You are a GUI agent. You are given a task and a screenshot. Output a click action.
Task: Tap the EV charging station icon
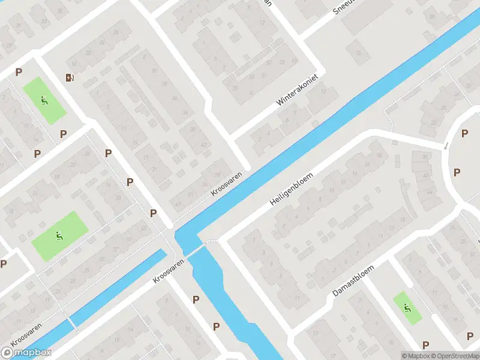[70, 77]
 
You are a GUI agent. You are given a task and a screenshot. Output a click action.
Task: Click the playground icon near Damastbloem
[407, 308]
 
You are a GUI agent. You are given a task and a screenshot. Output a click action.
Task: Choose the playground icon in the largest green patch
[59, 236]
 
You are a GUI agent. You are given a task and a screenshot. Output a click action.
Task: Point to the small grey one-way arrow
[445, 146]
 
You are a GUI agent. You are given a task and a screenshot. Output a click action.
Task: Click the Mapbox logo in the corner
[26, 353]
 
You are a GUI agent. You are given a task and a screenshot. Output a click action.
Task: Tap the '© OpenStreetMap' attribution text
[454, 356]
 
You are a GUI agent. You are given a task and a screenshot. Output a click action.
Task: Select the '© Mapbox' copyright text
[415, 356]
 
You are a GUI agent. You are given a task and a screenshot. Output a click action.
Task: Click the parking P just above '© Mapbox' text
[425, 344]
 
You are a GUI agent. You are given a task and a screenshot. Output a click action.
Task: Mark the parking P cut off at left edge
[4, 263]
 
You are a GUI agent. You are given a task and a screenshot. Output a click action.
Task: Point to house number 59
[217, 175]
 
